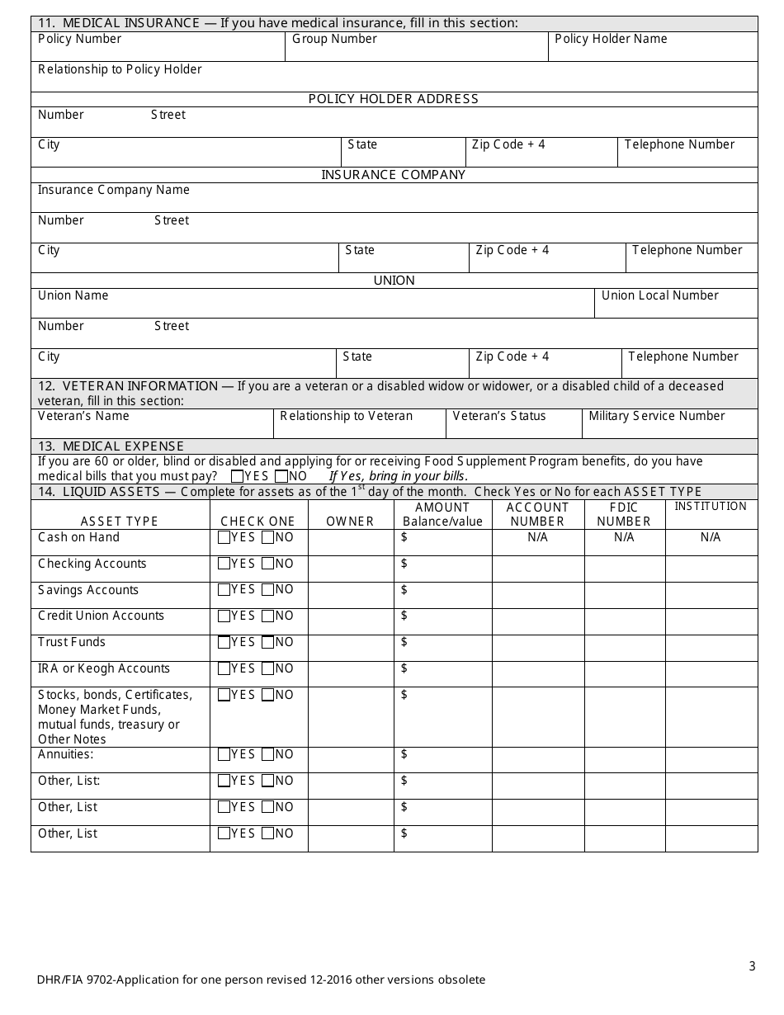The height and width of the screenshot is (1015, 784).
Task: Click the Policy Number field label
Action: pyautogui.click(x=79, y=39)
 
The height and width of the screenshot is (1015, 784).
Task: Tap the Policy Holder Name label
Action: pyautogui.click(x=611, y=39)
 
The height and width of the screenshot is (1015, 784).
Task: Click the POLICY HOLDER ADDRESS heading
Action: pyautogui.click(x=394, y=99)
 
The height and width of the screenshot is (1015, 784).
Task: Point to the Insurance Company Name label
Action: pyautogui.click(x=114, y=190)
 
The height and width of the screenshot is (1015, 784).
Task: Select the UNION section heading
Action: pyautogui.click(x=394, y=281)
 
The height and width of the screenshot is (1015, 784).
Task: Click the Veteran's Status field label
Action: pyautogui.click(x=499, y=416)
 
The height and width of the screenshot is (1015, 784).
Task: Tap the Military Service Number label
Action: pyautogui.click(x=657, y=416)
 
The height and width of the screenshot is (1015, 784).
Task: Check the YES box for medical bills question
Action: pyautogui.click(x=238, y=476)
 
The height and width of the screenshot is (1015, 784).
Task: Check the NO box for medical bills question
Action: pyautogui.click(x=281, y=476)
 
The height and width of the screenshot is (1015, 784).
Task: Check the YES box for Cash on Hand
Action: pyautogui.click(x=224, y=538)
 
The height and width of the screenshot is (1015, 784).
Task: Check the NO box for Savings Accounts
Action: pyautogui.click(x=267, y=590)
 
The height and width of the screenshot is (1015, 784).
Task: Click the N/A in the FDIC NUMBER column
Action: pyautogui.click(x=624, y=537)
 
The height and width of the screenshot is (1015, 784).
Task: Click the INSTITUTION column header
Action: pyautogui.click(x=711, y=507)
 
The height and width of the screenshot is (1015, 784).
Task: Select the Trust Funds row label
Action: pyautogui.click(x=72, y=642)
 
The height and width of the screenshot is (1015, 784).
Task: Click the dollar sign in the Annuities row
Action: pyautogui.click(x=404, y=754)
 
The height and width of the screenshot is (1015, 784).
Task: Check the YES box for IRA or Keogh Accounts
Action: pyautogui.click(x=224, y=668)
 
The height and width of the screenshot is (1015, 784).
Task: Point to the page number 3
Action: pyautogui.click(x=752, y=966)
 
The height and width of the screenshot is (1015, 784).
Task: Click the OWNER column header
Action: pyautogui.click(x=350, y=522)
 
